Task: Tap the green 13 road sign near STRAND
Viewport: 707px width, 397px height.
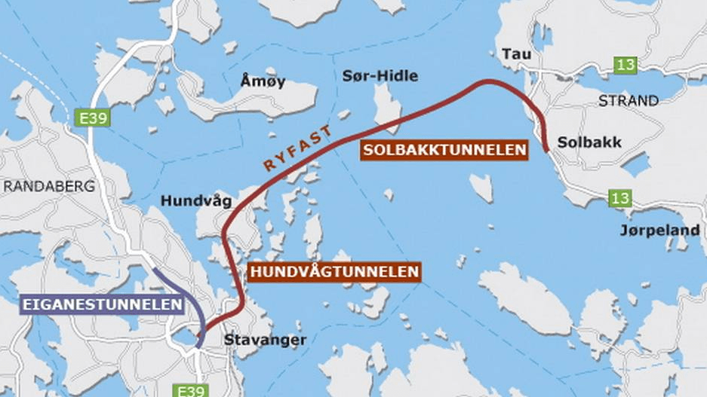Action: point(625,65)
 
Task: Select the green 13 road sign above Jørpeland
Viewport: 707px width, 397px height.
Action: point(621,199)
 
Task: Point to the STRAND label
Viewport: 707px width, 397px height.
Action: point(628,100)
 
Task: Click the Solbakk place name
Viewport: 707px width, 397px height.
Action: point(579,142)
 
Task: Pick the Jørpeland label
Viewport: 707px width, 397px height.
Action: point(659,230)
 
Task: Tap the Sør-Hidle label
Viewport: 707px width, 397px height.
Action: point(380,76)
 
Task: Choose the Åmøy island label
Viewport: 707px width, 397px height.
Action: point(263,81)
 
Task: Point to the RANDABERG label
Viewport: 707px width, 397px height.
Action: point(48,186)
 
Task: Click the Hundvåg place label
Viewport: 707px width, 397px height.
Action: point(196,201)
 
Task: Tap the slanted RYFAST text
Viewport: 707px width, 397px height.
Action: point(297,149)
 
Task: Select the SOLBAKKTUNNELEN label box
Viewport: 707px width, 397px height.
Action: point(444,151)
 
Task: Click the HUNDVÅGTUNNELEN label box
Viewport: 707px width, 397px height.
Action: point(334,272)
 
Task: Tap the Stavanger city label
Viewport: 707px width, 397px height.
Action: point(265,340)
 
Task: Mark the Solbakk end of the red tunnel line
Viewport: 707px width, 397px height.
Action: point(546,151)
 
